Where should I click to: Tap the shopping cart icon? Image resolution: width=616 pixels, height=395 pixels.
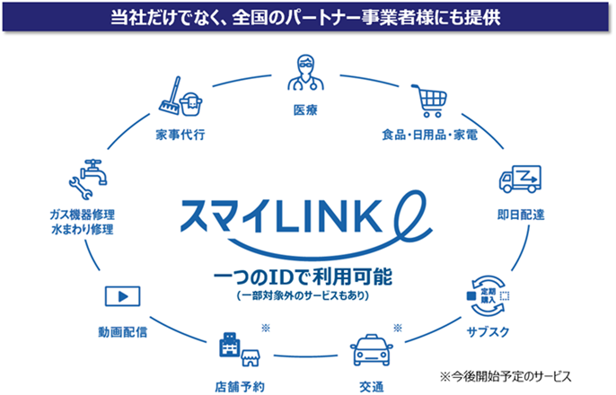coord(427,100)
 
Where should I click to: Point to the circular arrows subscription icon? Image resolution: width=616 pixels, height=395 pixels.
coord(486,293)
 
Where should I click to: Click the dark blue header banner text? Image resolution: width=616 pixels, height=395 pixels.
coord(307,17)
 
